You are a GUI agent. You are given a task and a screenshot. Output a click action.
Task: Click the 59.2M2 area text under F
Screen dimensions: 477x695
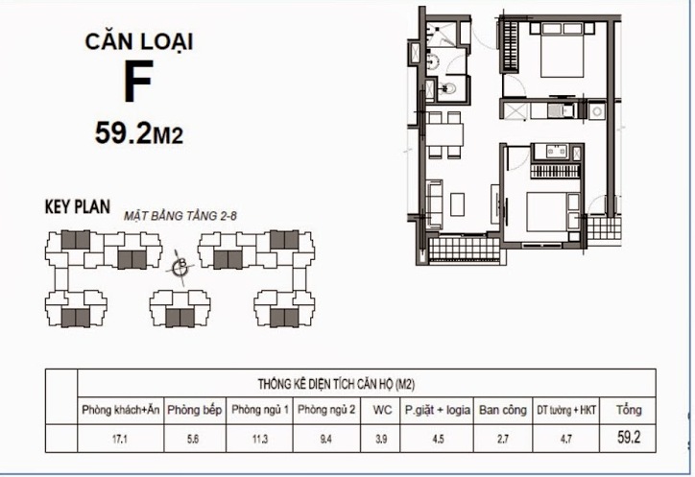pos(138,133)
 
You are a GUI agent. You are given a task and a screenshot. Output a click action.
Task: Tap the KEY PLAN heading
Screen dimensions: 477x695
pos(78,206)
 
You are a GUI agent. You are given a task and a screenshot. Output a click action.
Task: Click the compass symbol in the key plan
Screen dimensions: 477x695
pos(180,268)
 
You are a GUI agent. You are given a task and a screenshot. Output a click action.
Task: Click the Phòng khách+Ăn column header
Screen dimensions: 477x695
pos(121,410)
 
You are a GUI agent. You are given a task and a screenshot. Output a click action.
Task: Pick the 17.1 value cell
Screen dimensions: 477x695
pos(121,441)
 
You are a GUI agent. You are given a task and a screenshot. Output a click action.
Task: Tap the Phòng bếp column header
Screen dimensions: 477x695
pos(195,410)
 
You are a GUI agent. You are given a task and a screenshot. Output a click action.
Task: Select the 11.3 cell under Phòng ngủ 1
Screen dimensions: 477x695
pos(259,441)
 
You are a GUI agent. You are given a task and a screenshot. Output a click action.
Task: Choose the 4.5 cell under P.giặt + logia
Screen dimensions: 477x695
pos(438,441)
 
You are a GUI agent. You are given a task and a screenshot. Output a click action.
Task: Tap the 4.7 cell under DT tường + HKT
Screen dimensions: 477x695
pos(567,441)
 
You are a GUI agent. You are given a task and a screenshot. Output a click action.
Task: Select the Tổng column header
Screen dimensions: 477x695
pos(630,410)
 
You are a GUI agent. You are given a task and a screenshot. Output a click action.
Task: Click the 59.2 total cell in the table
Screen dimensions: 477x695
pos(630,441)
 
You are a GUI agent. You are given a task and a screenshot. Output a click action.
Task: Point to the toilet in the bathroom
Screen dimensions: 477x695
pos(443,91)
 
